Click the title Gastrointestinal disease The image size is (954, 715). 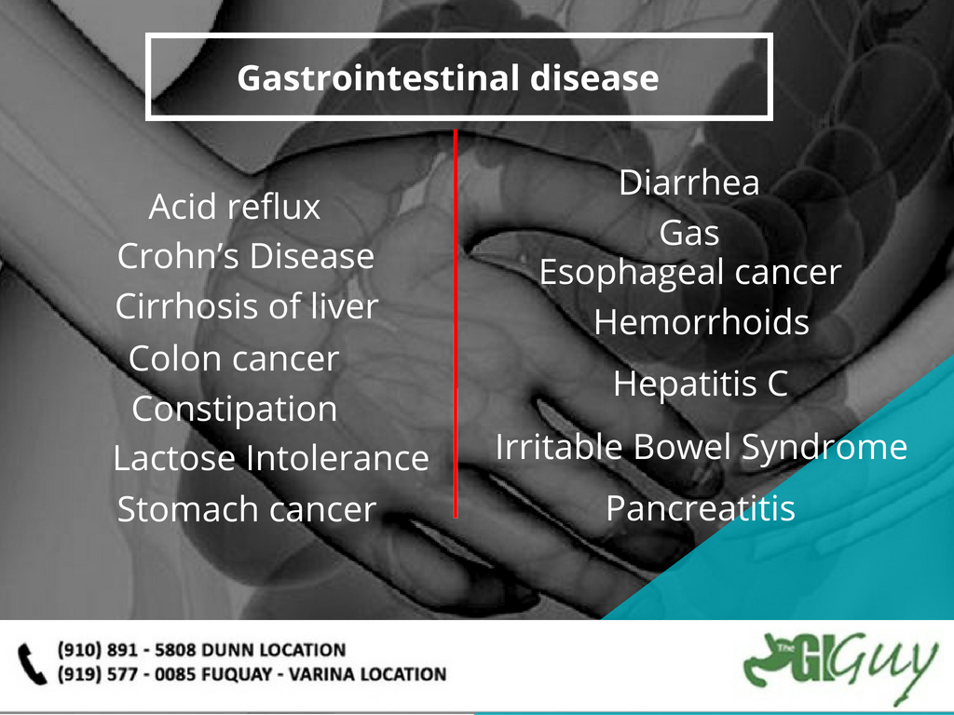pyautogui.click(x=448, y=78)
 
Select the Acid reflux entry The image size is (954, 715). pyautogui.click(x=234, y=207)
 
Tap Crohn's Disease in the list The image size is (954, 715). pyautogui.click(x=246, y=256)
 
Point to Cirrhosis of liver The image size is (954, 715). pyautogui.click(x=247, y=305)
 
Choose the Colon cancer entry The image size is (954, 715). pyautogui.click(x=234, y=358)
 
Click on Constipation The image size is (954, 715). pyautogui.click(x=234, y=410)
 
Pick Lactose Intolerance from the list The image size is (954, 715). pyautogui.click(x=271, y=458)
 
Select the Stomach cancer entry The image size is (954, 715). pyautogui.click(x=246, y=509)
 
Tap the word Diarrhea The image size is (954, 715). pyautogui.click(x=689, y=182)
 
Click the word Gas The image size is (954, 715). pyautogui.click(x=689, y=233)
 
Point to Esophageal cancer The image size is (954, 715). pyautogui.click(x=690, y=273)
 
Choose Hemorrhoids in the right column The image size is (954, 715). pyautogui.click(x=702, y=321)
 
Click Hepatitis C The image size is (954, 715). pyautogui.click(x=701, y=384)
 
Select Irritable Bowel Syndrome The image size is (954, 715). pyautogui.click(x=702, y=448)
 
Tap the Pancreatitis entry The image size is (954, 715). pyautogui.click(x=701, y=508)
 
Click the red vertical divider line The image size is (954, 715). pyautogui.click(x=456, y=323)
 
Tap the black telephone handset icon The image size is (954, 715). pyautogui.click(x=32, y=664)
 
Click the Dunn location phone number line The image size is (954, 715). pyautogui.click(x=201, y=650)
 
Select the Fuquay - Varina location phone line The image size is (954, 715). pyautogui.click(x=252, y=674)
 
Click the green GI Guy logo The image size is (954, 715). pyautogui.click(x=840, y=664)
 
